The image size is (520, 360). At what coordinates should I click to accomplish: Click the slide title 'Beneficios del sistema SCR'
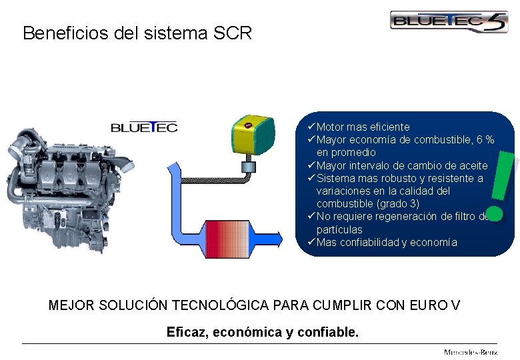click(137, 33)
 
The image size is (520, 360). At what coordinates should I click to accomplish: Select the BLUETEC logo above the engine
click(144, 127)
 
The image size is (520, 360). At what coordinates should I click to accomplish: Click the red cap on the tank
click(248, 125)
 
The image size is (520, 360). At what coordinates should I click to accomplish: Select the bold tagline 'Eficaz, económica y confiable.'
click(263, 331)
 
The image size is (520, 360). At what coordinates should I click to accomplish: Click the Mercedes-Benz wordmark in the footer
click(471, 351)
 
